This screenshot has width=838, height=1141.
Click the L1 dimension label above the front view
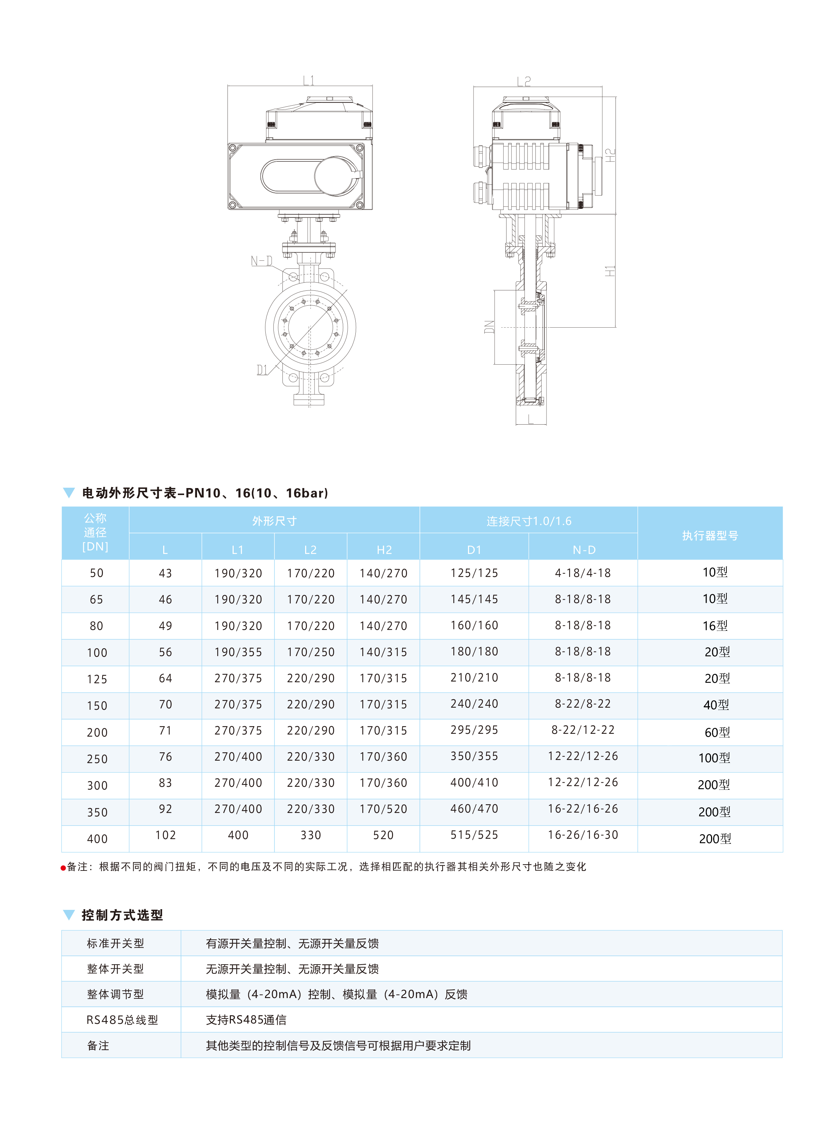[x=308, y=81]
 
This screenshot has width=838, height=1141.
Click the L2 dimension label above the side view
[x=524, y=81]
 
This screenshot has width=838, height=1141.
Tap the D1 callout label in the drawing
[x=262, y=370]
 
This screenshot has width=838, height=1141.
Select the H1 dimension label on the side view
[x=610, y=271]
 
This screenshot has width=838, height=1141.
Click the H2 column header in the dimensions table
[x=384, y=550]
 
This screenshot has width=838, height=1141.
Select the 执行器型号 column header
[x=710, y=535]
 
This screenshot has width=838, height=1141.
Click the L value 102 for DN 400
[x=165, y=835]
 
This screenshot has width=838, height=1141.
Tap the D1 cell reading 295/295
[x=474, y=730]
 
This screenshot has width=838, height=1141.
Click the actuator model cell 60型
[x=717, y=732]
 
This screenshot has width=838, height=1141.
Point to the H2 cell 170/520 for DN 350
[x=384, y=809]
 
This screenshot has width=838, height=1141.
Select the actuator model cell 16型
[x=715, y=626]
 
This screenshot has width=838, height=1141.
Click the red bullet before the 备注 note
[x=63, y=868]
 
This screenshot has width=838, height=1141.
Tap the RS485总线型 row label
[x=122, y=1020]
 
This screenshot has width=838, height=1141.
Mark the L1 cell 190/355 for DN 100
[x=238, y=652]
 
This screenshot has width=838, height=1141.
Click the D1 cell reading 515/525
[x=474, y=835]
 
